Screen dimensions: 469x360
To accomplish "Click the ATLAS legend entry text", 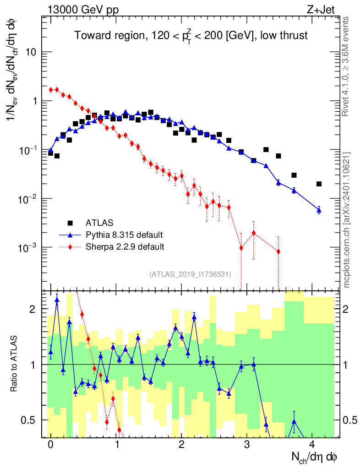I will pos(99,223).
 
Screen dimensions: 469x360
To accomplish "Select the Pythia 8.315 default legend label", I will pos(124,235).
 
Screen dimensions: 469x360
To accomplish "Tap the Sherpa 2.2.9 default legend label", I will pos(125,247).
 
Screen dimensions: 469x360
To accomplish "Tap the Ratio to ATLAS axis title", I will pos(15,364).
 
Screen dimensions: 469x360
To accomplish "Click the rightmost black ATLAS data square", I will pos(319,184).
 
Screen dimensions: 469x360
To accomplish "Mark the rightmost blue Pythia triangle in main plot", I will pos(319,210).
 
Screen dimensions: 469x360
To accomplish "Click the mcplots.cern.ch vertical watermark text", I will pos(347,220).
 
